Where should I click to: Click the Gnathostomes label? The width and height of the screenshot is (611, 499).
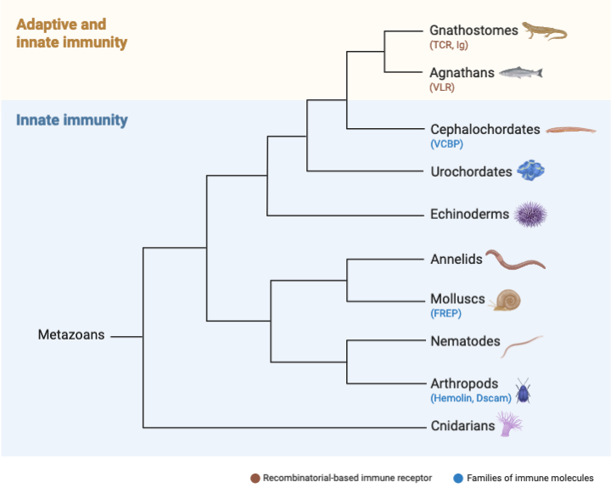click(474, 31)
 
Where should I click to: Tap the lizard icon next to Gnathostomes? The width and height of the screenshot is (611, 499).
click(543, 31)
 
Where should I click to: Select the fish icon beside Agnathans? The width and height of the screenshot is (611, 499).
click(520, 74)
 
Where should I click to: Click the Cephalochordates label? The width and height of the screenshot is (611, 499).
click(485, 130)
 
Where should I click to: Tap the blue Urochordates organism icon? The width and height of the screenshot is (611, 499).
click(530, 171)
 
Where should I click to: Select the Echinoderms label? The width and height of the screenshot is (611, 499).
click(470, 214)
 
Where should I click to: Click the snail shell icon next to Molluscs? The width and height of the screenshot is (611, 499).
click(507, 299)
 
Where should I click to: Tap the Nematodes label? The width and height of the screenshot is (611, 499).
click(465, 342)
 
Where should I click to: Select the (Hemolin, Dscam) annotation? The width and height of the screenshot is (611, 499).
click(472, 398)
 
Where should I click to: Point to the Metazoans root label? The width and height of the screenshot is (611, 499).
click(71, 334)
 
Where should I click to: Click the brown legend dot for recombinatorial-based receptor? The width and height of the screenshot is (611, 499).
click(255, 479)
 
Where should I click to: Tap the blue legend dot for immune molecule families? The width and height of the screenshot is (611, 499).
click(457, 479)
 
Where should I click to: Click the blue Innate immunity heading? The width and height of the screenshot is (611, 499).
click(72, 120)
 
